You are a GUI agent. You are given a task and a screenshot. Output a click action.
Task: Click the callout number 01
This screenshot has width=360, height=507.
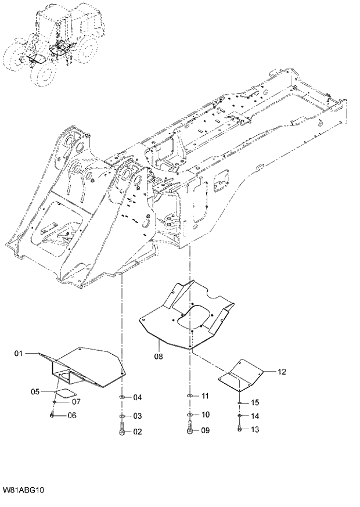[x=17, y=353]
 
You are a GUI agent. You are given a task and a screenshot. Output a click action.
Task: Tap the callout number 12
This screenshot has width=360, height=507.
[x=282, y=371]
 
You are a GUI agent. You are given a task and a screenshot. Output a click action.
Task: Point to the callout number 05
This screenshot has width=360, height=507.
[x=35, y=392]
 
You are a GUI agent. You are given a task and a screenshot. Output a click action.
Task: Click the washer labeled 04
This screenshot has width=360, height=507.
[x=122, y=397]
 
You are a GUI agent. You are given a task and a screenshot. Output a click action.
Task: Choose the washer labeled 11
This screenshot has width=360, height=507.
[x=190, y=396]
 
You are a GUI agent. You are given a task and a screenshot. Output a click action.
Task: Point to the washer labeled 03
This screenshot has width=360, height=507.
[x=122, y=416]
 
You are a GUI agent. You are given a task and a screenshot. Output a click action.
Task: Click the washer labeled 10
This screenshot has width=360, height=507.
[x=190, y=415]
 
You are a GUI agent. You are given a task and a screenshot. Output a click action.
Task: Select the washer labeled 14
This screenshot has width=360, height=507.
[x=239, y=416]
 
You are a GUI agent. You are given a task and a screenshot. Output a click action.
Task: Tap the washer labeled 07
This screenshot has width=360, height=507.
[x=54, y=401]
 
